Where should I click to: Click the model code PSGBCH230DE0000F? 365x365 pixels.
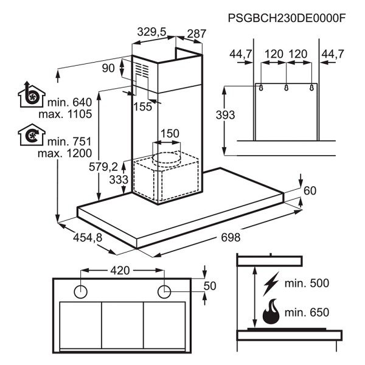[x=287, y=18]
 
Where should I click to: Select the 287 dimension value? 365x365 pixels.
[x=196, y=34]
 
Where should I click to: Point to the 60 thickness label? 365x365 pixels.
[x=310, y=191]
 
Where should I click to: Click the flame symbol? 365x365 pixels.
[x=272, y=313]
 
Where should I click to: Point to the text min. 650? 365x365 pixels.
[x=307, y=313]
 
